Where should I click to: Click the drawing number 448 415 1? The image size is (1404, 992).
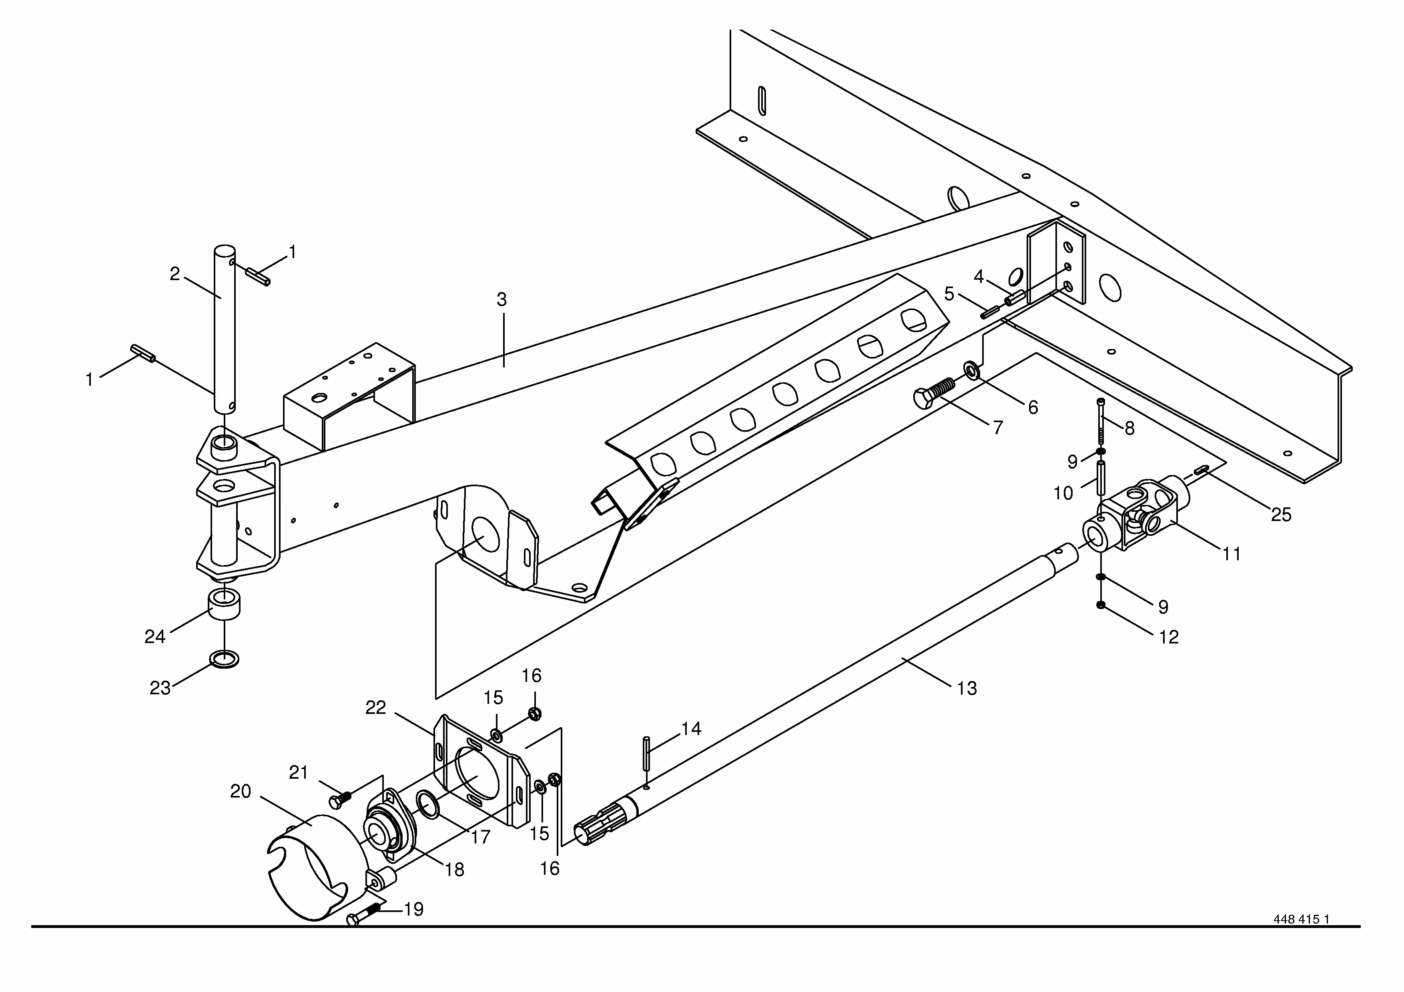1301,936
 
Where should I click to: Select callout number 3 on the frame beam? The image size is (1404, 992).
501,299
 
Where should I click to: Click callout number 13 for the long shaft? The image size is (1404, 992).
967,688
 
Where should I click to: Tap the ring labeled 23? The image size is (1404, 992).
225,659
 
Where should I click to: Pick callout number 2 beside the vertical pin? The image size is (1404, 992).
175,274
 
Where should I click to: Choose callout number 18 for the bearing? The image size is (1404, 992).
454,870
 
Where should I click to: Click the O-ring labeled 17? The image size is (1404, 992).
427,806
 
